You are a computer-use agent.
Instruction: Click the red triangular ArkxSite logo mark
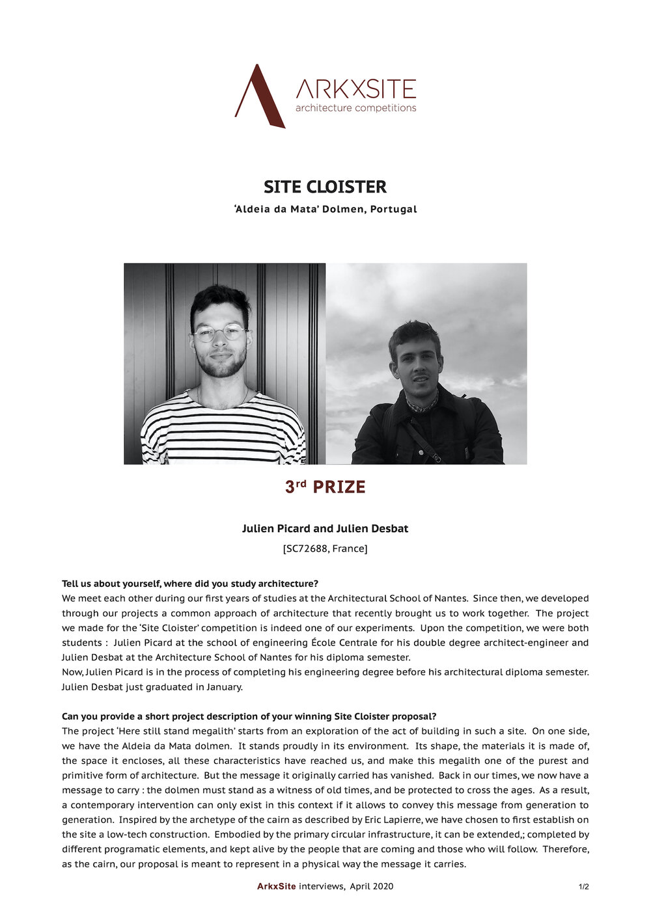(260, 98)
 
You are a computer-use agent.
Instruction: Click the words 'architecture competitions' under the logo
(355, 108)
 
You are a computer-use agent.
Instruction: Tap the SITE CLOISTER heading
(325, 187)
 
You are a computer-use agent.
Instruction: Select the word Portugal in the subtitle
(393, 210)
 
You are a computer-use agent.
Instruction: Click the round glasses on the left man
(220, 333)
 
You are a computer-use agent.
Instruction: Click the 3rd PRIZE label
(325, 487)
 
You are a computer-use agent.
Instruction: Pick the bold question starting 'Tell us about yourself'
(190, 583)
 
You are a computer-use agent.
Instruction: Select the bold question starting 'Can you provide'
(249, 716)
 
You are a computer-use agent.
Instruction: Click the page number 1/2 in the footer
(583, 887)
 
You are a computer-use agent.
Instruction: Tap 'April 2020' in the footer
(372, 886)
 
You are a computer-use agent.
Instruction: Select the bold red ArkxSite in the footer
(277, 886)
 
